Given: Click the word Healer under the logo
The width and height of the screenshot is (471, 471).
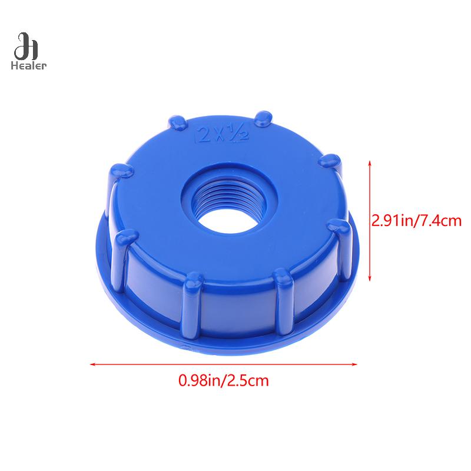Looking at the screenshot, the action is tap(28, 65).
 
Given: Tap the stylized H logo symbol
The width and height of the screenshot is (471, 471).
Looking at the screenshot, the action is tap(26, 47).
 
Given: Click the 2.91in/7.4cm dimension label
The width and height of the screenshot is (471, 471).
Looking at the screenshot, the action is tap(416, 221).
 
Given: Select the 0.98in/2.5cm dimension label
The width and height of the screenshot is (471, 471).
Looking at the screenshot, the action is tap(224, 380).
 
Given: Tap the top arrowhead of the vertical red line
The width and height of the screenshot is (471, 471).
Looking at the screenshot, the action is tap(370, 163).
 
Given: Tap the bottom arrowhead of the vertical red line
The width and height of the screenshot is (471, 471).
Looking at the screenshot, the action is tap(370, 278).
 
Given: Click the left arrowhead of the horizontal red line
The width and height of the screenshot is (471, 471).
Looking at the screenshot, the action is tap(93, 364).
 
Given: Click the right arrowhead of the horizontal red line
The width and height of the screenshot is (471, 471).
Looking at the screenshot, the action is tap(354, 364).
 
